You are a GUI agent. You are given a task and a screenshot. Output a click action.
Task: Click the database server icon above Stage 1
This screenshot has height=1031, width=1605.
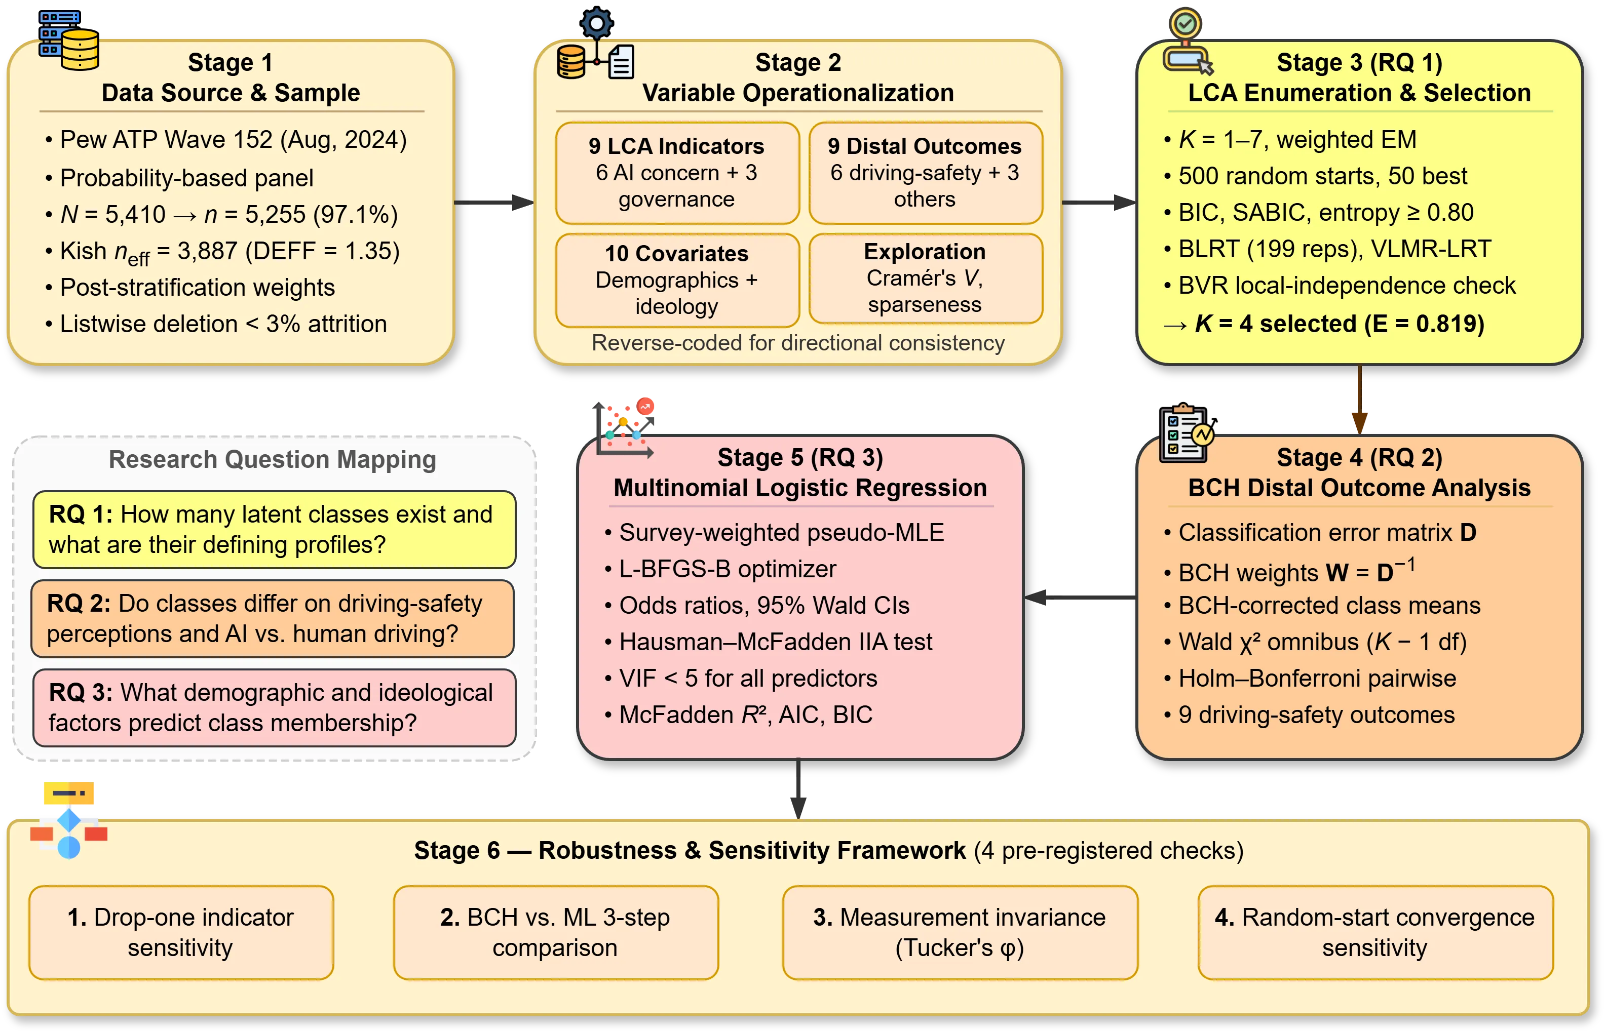[69, 41]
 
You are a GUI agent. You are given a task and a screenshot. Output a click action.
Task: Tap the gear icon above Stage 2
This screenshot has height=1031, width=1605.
[596, 25]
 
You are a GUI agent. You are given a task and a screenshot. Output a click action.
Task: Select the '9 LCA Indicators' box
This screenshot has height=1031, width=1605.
[677, 173]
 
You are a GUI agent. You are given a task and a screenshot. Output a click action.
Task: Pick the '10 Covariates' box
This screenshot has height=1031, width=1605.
[677, 280]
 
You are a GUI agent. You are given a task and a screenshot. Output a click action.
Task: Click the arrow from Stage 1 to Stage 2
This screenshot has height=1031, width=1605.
[493, 202]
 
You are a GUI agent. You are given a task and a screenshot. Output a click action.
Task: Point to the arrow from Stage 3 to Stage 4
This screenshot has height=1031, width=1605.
[1359, 401]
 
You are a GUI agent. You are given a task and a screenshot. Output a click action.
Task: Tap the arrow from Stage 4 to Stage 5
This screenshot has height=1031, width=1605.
[1080, 597]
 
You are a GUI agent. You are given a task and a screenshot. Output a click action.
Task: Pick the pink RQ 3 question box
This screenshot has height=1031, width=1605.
[274, 707]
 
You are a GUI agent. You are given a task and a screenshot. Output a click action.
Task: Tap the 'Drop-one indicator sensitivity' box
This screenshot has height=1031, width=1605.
[181, 933]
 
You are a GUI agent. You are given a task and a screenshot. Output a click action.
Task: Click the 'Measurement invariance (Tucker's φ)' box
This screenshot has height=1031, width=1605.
[960, 933]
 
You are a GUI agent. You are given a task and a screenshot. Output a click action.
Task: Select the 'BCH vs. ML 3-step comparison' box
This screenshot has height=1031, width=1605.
[555, 933]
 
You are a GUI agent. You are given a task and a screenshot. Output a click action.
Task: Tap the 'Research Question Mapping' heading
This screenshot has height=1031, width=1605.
[273, 460]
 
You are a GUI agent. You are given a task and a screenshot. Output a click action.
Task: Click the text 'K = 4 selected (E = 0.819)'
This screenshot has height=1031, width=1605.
[1339, 324]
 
